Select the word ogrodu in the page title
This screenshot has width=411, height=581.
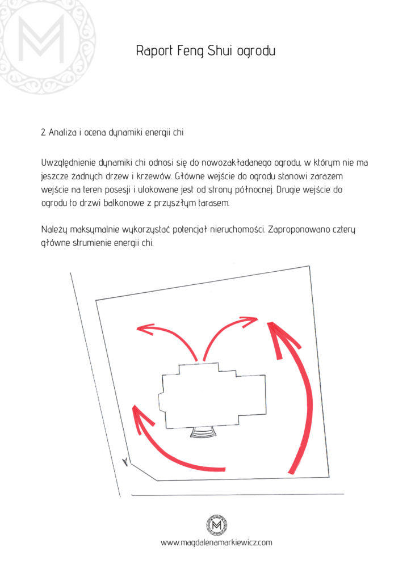256,50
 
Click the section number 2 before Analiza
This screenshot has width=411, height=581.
43,132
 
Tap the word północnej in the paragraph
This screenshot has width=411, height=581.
255,190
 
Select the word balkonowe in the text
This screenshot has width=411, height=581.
123,203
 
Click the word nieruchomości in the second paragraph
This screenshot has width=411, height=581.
237,230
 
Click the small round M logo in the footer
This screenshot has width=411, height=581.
217,525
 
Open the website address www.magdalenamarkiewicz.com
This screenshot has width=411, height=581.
216,543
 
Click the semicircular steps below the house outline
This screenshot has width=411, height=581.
203,432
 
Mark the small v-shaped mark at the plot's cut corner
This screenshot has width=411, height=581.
125,462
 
